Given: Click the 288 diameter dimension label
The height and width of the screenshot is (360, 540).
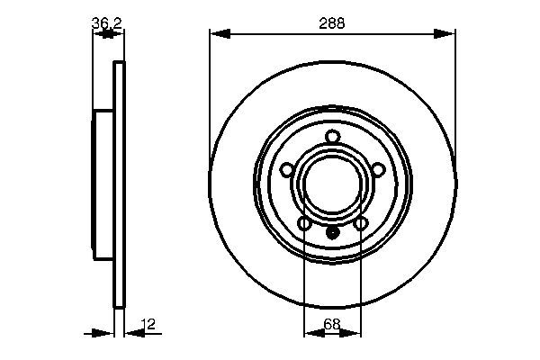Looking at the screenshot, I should point(332,24).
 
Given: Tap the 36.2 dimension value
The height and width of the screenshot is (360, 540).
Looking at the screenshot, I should point(107,24).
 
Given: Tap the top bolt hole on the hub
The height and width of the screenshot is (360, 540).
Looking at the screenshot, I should point(332,137).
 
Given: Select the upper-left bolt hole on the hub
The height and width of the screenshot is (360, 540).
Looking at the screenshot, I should point(287,169).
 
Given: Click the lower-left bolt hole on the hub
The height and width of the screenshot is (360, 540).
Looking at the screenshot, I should point(304,222).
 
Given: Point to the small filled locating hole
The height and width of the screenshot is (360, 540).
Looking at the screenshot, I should point(332,231).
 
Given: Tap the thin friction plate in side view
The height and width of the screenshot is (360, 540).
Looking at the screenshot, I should point(117,184).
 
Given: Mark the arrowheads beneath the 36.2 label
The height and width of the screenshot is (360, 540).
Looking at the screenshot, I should point(108,34).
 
